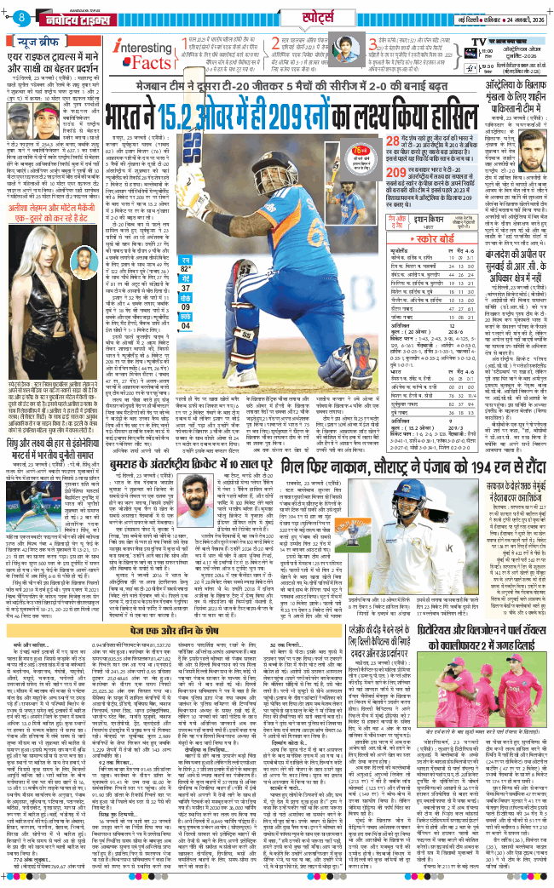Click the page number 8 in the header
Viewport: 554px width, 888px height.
coord(19,17)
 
